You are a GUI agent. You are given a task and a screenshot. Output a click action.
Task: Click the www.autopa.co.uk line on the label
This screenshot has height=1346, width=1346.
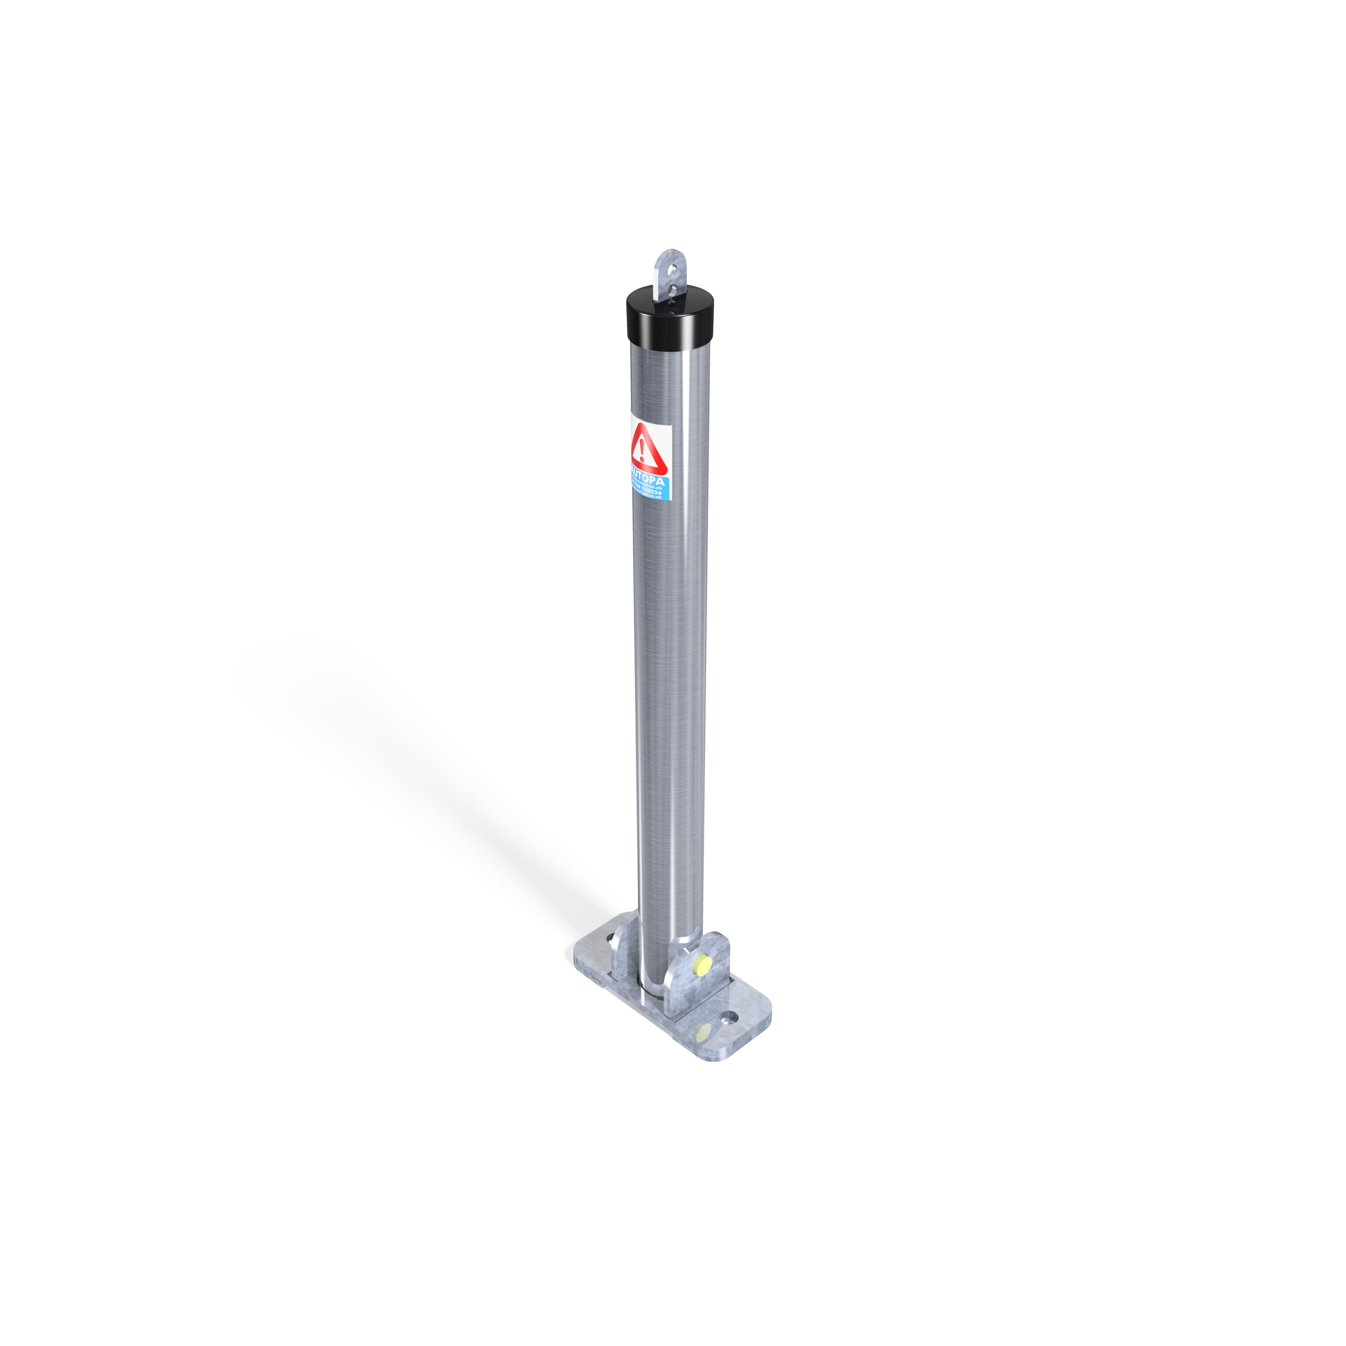pyautogui.click(x=651, y=498)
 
